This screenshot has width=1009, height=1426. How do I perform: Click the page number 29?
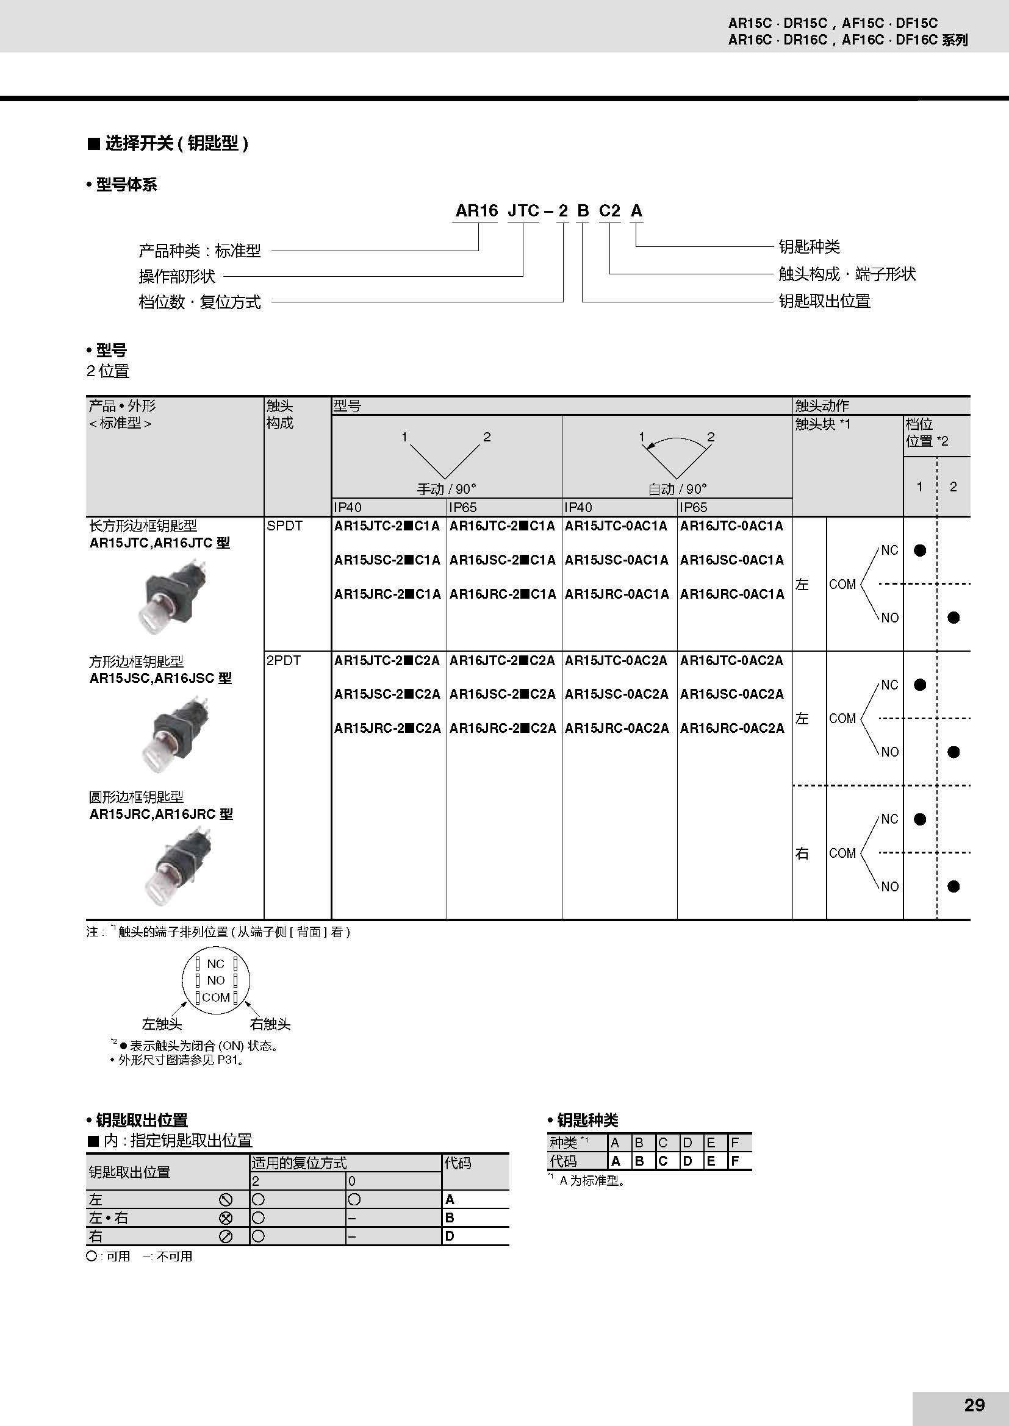pos(974,1404)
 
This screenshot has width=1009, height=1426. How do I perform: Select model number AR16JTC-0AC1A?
pos(731,526)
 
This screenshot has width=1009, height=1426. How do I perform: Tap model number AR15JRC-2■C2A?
pos(387,728)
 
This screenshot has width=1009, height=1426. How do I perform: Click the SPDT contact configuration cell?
pos(284,526)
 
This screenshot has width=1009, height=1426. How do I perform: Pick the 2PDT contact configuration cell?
pos(283,660)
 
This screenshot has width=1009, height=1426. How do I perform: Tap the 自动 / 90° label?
pos(677,489)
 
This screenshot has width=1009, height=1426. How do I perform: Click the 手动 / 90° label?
pos(446,489)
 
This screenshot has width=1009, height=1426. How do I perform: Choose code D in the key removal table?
pos(450,1236)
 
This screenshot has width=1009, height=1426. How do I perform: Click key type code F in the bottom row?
pos(734,1161)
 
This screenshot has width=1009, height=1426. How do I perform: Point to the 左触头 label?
pos(162,1024)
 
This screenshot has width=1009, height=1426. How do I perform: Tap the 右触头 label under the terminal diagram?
pos(270,1024)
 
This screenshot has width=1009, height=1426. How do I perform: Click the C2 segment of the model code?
pos(609,211)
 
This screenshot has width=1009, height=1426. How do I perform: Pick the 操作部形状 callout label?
pos(176,276)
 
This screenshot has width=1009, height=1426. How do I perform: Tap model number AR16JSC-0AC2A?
pos(731,694)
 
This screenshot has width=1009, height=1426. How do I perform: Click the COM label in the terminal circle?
pos(215,997)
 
